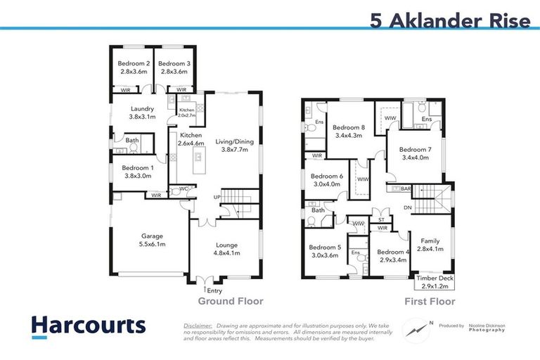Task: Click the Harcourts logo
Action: pos(89,326)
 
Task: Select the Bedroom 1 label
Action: pos(136,173)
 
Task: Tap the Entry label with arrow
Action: pos(213,290)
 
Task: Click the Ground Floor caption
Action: pos(231,302)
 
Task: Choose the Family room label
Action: pos(430,245)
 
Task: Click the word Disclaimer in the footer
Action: pos(198,326)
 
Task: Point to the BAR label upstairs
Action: pos(406,188)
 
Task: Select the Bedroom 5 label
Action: pos(324,251)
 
